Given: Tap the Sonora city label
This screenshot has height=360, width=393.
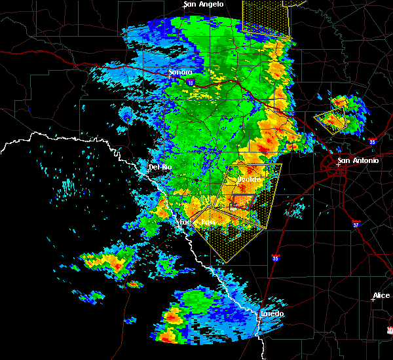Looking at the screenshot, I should coord(180,72).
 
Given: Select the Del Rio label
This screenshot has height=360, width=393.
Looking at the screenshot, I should coord(160,167).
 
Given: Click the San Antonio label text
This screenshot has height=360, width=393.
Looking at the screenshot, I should coord(358,160).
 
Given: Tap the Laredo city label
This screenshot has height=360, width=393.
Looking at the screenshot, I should coord(272,314).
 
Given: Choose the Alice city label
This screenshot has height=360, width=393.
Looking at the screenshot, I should coord(381,296).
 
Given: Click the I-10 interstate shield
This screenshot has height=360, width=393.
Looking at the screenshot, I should coord(190,83).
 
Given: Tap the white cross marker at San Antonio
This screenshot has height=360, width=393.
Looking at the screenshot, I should coord(338,165).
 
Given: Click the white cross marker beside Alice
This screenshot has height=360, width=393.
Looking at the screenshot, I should coord(372,300).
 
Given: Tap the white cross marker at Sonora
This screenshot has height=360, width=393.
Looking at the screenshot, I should coord(169,76).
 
